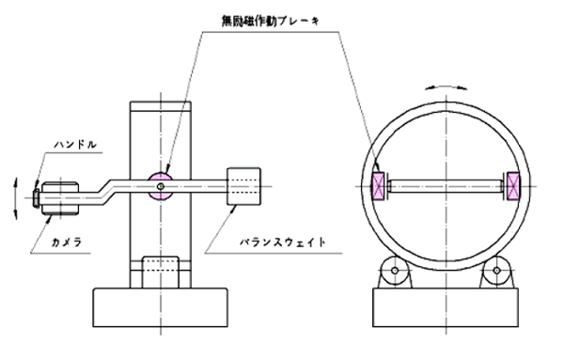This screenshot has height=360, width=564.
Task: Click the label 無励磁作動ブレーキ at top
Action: [x=271, y=21]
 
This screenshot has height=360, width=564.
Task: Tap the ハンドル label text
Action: [x=75, y=145]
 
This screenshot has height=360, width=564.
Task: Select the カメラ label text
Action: [x=68, y=243]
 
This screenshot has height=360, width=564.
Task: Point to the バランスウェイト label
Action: [x=283, y=243]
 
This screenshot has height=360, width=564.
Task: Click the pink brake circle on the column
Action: [x=161, y=186]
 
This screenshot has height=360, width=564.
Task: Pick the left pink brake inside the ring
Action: [x=378, y=186]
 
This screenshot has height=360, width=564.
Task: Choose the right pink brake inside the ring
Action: [x=513, y=186]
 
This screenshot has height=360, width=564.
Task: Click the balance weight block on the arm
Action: [x=243, y=186]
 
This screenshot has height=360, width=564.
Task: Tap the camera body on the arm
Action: [x=60, y=198]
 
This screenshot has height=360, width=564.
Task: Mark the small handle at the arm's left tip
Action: [x=36, y=198]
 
